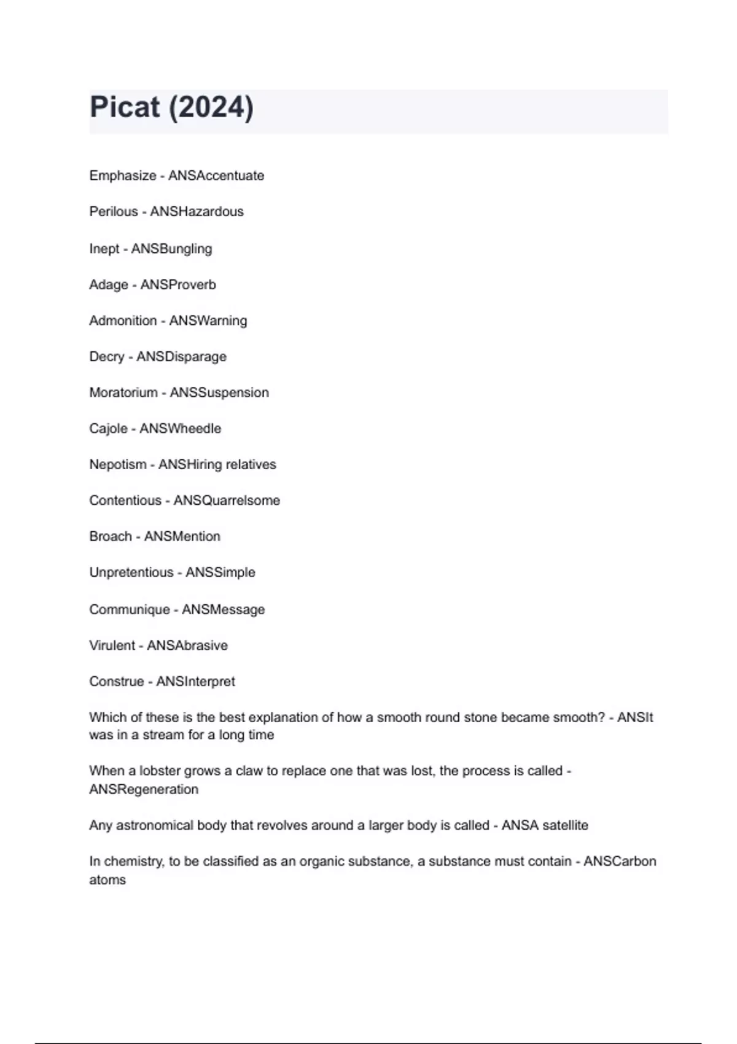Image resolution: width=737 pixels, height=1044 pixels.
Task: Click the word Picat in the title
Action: pyautogui.click(x=125, y=107)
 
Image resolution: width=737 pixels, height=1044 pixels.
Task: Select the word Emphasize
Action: pyautogui.click(x=123, y=176)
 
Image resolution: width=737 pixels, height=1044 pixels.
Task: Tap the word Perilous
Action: pyautogui.click(x=114, y=212)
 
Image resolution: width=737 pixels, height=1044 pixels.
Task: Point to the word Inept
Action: pyautogui.click(x=104, y=249)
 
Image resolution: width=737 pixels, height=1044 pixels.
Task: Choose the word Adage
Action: pyautogui.click(x=109, y=285)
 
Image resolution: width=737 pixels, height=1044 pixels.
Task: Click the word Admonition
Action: pyautogui.click(x=123, y=321)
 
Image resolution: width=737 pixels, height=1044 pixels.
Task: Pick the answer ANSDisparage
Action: pyautogui.click(x=181, y=357)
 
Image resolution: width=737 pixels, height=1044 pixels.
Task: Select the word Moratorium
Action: pyautogui.click(x=123, y=392)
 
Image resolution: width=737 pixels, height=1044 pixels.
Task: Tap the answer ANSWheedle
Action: pyautogui.click(x=180, y=429)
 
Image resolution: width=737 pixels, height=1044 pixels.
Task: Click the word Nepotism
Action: pyautogui.click(x=118, y=464)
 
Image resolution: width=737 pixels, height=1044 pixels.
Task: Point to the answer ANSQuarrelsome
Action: pyautogui.click(x=227, y=501)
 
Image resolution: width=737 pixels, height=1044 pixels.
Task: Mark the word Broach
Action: pyautogui.click(x=111, y=536)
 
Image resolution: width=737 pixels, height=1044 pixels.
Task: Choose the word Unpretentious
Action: pyautogui.click(x=131, y=572)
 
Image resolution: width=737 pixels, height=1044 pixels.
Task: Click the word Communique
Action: pyautogui.click(x=130, y=610)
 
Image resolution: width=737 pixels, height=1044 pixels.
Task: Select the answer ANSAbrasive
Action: pyautogui.click(x=187, y=645)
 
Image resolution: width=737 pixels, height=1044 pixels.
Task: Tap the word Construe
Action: pyautogui.click(x=117, y=682)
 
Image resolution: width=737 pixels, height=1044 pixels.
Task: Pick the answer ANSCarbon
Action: pyautogui.click(x=620, y=862)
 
